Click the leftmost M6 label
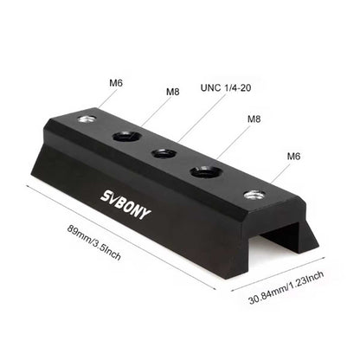(115, 84)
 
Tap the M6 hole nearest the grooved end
(253, 195)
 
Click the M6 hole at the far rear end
(86, 119)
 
